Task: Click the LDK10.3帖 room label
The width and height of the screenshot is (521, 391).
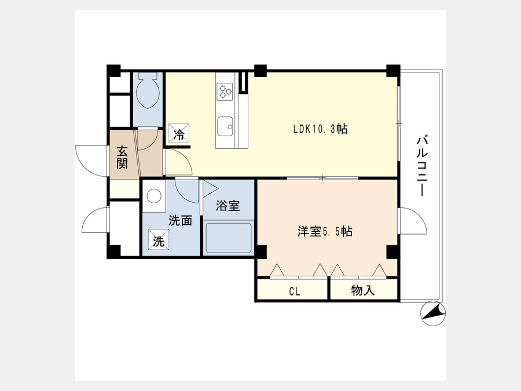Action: (320, 129)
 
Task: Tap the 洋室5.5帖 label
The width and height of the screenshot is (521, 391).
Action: (325, 231)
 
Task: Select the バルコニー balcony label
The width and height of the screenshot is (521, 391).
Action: (422, 165)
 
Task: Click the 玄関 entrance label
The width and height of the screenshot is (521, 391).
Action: (122, 158)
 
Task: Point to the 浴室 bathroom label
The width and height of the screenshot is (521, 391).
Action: (228, 206)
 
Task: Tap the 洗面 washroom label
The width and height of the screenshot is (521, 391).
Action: (181, 221)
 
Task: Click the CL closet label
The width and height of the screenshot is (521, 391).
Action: (295, 291)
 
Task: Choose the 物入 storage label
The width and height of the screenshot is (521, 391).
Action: (363, 291)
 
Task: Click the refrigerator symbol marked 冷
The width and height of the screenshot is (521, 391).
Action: (179, 133)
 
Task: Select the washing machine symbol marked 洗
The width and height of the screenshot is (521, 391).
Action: (159, 239)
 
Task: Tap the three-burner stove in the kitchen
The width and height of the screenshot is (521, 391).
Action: (225, 91)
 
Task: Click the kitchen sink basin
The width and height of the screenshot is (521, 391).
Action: (225, 127)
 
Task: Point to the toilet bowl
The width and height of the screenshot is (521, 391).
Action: (148, 90)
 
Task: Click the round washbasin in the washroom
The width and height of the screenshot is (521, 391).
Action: (154, 196)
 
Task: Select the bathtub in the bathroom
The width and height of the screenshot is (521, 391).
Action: (228, 238)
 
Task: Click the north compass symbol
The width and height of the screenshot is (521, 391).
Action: (432, 313)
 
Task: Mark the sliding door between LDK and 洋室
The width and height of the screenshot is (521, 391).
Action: (322, 178)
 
